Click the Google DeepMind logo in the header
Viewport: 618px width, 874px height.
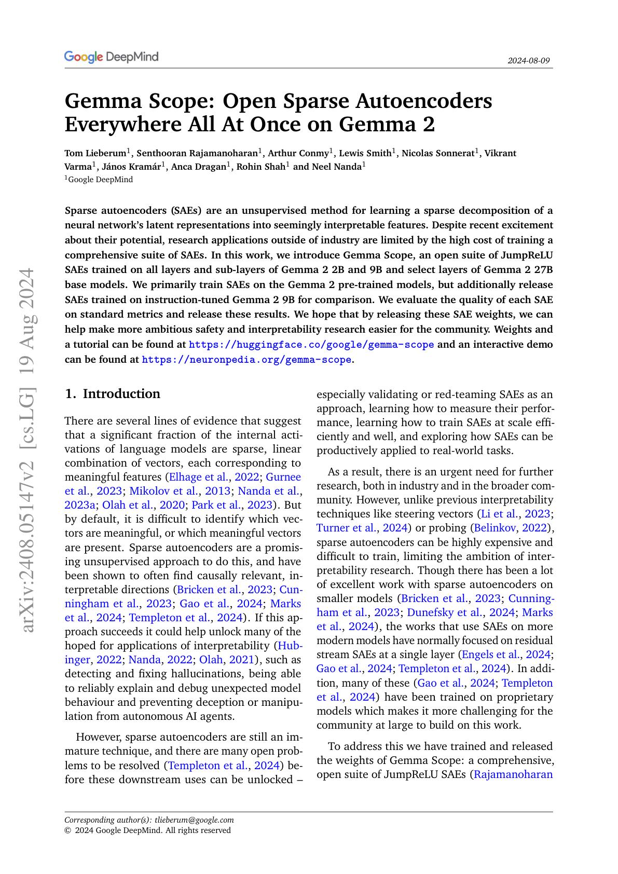click(x=111, y=57)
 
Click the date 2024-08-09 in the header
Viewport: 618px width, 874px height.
click(x=528, y=61)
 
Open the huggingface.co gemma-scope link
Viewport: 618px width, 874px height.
click(x=311, y=345)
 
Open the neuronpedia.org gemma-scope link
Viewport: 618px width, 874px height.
click(x=246, y=359)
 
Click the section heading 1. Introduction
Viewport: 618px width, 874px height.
click(x=113, y=394)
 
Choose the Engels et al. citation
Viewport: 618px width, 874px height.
click(x=493, y=655)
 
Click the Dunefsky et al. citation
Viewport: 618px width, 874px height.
click(x=444, y=612)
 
